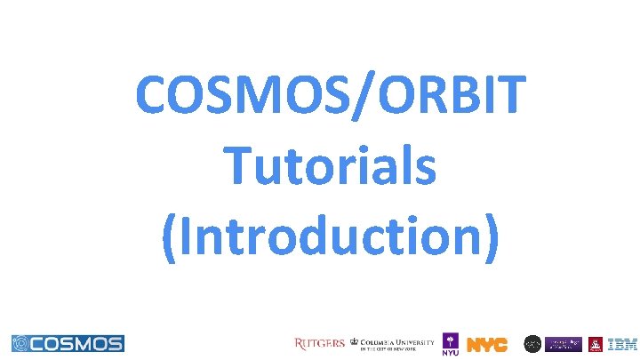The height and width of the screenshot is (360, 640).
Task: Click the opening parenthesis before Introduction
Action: [172, 238]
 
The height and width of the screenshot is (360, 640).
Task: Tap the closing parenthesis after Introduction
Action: [490, 238]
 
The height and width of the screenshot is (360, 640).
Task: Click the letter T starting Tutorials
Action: [237, 166]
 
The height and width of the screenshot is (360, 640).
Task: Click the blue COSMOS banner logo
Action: [68, 343]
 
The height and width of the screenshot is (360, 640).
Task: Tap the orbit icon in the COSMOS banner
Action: [21, 343]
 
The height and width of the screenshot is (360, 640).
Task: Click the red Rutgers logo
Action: [319, 343]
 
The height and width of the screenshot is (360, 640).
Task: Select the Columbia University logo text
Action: [397, 343]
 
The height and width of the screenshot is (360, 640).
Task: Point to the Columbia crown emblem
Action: [355, 342]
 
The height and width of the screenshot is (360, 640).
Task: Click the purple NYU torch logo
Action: [451, 344]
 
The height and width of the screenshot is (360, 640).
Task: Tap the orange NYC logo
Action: [487, 344]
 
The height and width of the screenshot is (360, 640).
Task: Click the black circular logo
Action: [532, 343]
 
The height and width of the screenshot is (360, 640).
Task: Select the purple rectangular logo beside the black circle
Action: [564, 343]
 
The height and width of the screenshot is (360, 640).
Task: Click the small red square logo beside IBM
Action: [595, 343]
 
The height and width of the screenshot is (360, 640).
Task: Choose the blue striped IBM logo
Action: [621, 343]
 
